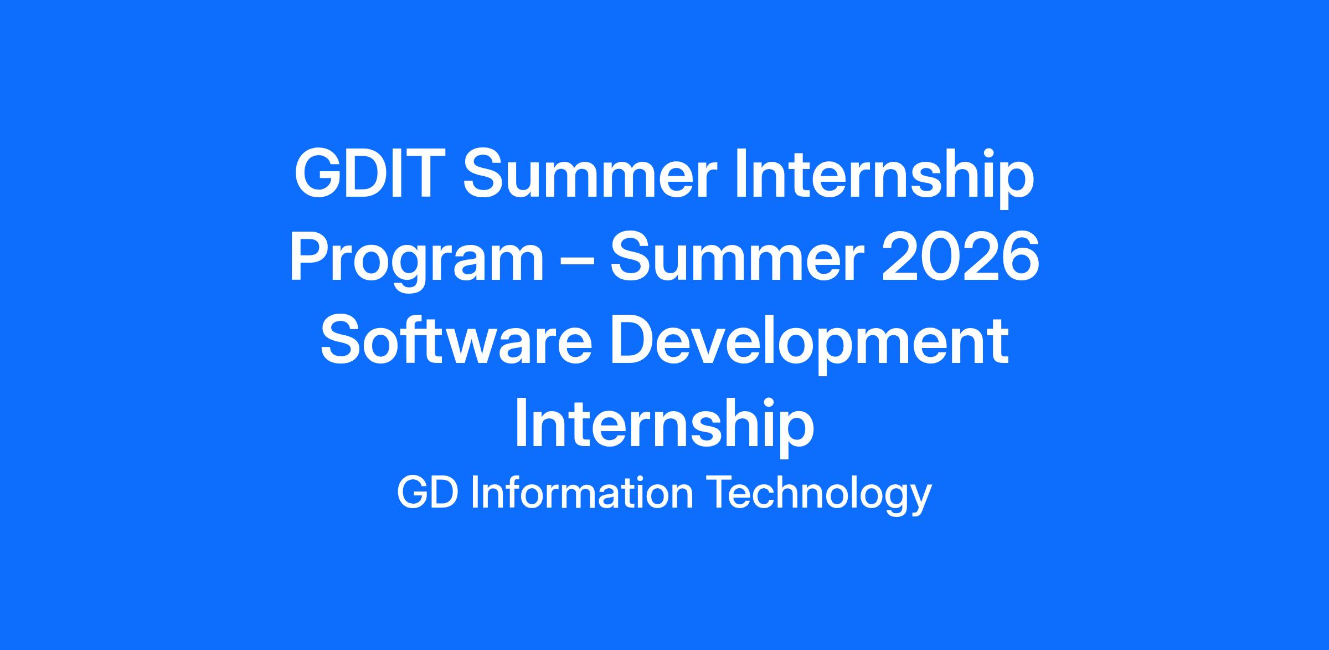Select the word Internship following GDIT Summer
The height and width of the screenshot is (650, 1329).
click(884, 179)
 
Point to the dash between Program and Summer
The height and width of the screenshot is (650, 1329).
click(576, 263)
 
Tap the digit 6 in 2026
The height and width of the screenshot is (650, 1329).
click(1020, 258)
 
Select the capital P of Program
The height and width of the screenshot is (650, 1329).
click(310, 257)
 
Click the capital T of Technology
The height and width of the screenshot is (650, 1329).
click(722, 493)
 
